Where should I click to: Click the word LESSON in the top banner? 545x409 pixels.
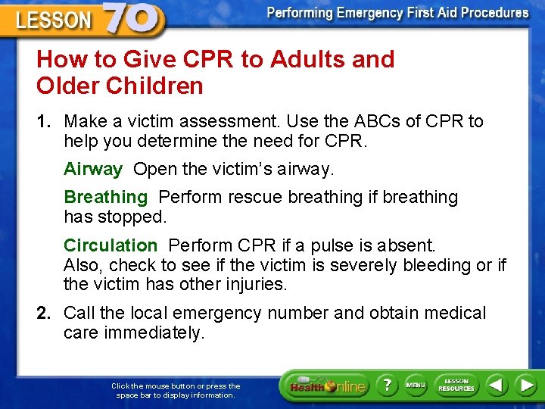(x=52, y=20)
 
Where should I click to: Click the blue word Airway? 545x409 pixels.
(x=93, y=169)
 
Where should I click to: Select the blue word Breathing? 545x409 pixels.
(x=106, y=197)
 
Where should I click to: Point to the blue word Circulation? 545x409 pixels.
(x=111, y=245)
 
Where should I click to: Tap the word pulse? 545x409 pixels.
(x=351, y=245)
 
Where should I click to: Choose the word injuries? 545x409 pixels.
(x=249, y=286)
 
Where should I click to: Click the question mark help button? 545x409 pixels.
(x=386, y=385)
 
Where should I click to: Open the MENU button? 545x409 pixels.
(x=416, y=385)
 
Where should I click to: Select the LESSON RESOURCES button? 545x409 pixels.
(x=456, y=385)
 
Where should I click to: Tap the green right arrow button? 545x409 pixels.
(x=525, y=385)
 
